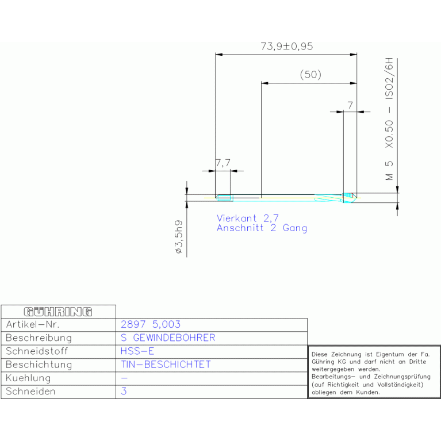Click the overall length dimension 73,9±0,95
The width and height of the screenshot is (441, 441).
point(286,47)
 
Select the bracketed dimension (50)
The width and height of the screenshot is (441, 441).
point(310,75)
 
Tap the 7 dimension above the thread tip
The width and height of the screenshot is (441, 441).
point(350,105)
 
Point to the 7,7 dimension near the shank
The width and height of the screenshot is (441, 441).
point(223,163)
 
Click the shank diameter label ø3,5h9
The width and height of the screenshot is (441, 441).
point(179,237)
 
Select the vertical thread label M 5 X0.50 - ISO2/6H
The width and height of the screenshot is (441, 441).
point(389,119)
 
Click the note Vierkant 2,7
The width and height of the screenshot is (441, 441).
point(247,218)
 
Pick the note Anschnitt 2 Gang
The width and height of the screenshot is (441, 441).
point(262,228)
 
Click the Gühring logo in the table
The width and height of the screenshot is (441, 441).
point(58,312)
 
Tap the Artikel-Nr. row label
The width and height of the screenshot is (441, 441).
point(33,324)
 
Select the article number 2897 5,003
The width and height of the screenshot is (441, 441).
point(151,324)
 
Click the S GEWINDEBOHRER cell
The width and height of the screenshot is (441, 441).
point(168,338)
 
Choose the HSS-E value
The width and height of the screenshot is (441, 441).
point(137,351)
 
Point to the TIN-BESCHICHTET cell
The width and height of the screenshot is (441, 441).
point(166,365)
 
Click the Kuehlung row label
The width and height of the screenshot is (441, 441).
point(28,378)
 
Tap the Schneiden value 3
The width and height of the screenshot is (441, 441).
point(124,391)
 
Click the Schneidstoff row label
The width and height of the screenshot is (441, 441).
point(37,351)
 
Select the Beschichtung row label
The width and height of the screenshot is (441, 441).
point(39,365)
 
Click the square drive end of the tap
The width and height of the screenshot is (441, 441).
point(224,198)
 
